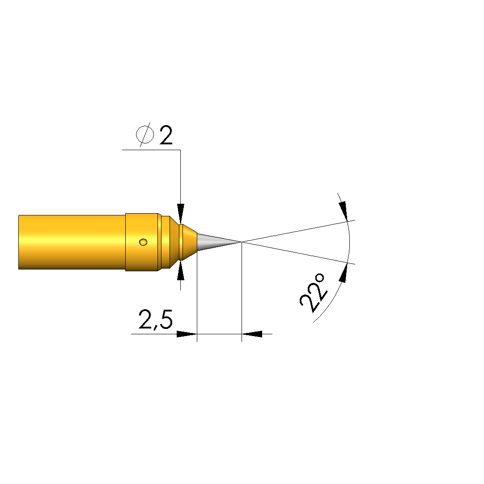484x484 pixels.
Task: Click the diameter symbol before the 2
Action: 145,135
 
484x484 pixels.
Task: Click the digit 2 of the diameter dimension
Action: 166,135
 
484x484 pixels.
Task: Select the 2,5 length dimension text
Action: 155,320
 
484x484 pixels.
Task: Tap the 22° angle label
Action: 312,293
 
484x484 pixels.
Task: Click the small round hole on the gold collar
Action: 143,242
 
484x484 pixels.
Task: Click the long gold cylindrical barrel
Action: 72,242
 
